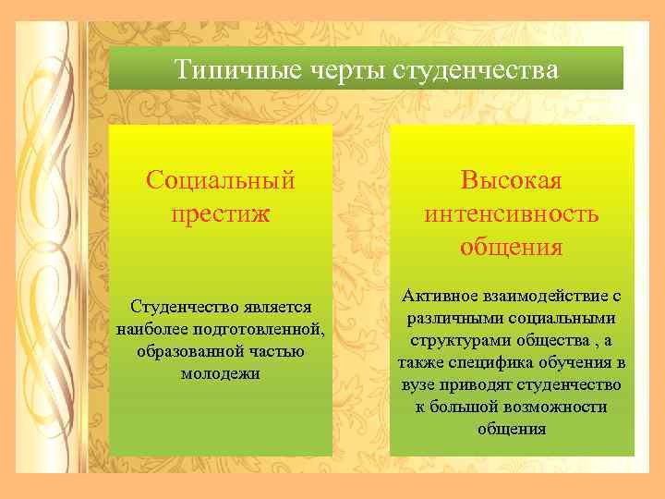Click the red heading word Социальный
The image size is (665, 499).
pyautogui.click(x=221, y=179)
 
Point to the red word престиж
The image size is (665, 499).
pyautogui.click(x=221, y=214)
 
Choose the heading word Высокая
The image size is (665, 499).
pyautogui.click(x=512, y=179)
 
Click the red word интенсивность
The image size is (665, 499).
pyautogui.click(x=512, y=214)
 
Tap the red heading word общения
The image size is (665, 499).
pyautogui.click(x=512, y=248)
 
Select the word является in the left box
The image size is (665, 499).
pyautogui.click(x=274, y=306)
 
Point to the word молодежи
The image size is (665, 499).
pyautogui.click(x=221, y=373)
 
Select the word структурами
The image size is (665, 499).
pyautogui.click(x=450, y=339)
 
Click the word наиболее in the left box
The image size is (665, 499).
pyautogui.click(x=150, y=328)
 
